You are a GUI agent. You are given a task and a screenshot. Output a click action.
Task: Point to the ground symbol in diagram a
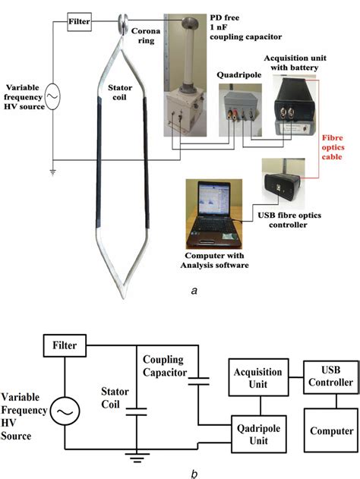(52, 172)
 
